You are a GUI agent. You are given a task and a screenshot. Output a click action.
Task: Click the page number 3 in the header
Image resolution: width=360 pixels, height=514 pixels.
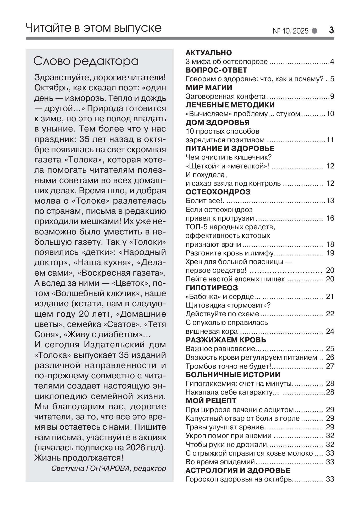pyautogui.click(x=331, y=31)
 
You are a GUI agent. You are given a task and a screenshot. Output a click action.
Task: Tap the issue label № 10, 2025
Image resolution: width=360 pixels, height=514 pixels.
pyautogui.click(x=291, y=31)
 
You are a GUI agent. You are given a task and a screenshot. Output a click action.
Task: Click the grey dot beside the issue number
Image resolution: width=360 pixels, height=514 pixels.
pyautogui.click(x=314, y=31)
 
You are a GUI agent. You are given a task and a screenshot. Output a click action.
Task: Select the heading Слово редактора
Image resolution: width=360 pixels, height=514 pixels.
pyautogui.click(x=86, y=62)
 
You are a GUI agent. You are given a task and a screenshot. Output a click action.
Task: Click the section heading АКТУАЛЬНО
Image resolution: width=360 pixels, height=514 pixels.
pyautogui.click(x=209, y=53)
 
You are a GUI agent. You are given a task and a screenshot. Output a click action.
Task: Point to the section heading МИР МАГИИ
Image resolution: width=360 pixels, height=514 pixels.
pyautogui.click(x=209, y=88)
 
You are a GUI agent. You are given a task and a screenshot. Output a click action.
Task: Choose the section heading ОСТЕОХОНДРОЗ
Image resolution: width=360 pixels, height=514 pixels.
pyautogui.click(x=218, y=192)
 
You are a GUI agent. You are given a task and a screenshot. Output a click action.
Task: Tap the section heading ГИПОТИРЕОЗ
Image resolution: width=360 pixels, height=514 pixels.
pyautogui.click(x=212, y=288)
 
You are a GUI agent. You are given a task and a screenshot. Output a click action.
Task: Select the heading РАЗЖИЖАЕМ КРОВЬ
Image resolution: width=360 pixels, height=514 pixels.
pyautogui.click(x=226, y=340)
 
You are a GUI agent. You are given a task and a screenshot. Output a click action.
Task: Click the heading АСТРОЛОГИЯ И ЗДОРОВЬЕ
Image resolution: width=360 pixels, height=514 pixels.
pyautogui.click(x=238, y=470)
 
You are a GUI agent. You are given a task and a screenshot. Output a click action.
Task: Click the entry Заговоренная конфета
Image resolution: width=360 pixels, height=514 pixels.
pyautogui.click(x=225, y=96)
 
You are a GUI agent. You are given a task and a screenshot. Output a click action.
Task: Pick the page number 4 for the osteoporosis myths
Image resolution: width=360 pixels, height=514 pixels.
pyautogui.click(x=332, y=62)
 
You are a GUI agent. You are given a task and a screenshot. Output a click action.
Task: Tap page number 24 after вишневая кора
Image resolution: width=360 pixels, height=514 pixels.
pyautogui.click(x=330, y=331)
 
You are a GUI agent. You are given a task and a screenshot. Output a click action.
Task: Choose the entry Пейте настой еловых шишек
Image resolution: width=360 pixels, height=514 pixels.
pyautogui.click(x=235, y=279)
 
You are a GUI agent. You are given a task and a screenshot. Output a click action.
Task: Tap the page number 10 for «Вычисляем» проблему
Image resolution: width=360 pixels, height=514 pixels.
pyautogui.click(x=330, y=114)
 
